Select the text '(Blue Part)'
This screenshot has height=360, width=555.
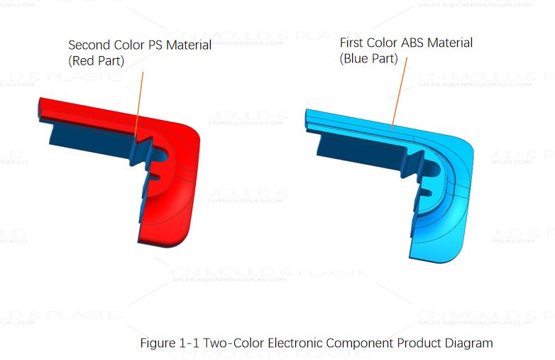coord(368,58)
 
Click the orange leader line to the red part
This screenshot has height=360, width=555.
coord(139,99)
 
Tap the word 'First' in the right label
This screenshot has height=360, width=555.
coord(353,43)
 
